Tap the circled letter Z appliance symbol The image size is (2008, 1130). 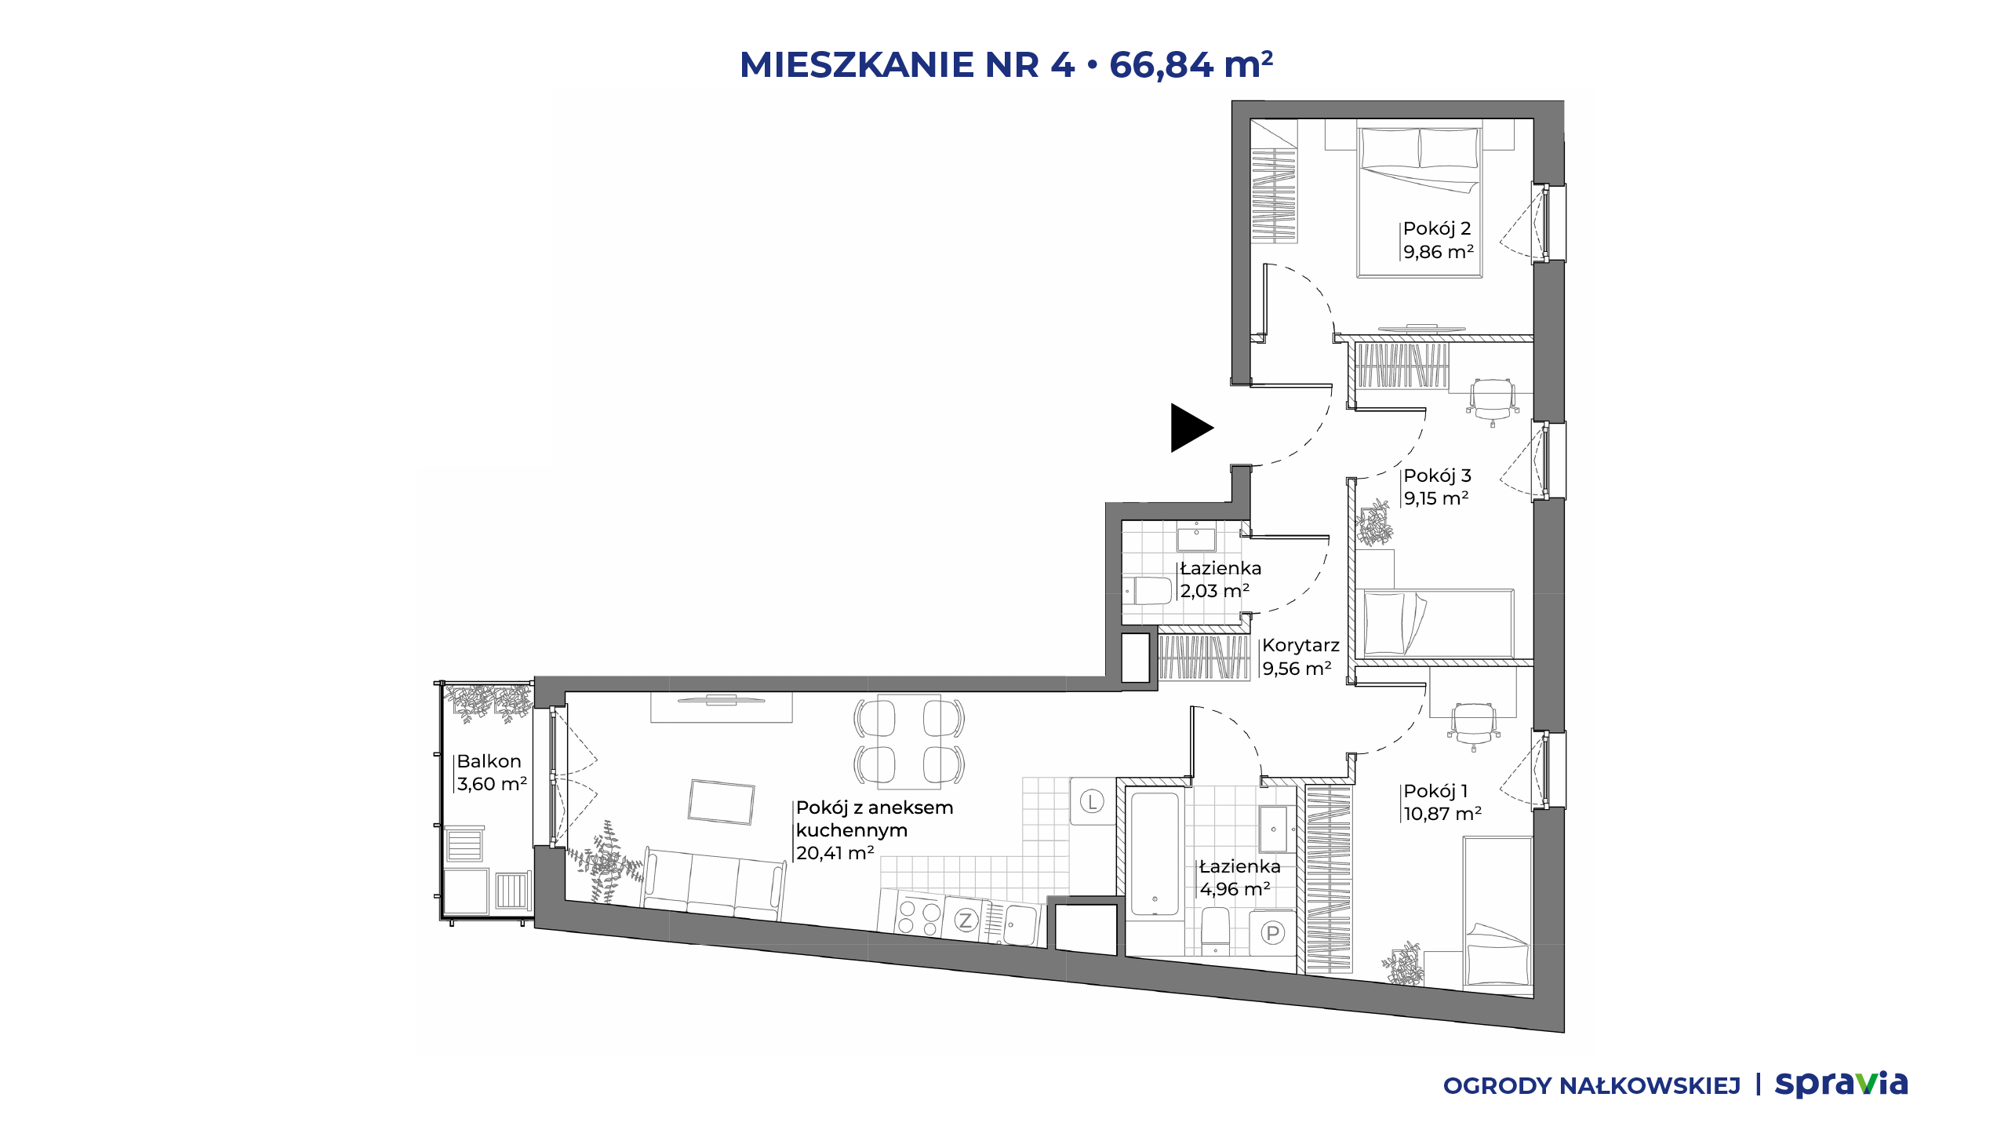[966, 920]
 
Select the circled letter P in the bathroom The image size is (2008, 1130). [1272, 933]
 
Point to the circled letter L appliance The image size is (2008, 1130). [1092, 801]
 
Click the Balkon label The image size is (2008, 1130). [489, 761]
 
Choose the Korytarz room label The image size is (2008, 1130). [1300, 646]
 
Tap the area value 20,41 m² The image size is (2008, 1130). [835, 853]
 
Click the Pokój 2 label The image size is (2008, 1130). [1436, 228]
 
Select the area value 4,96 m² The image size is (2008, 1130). [1235, 889]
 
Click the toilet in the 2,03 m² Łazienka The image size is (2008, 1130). [1148, 590]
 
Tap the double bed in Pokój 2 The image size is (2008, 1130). [1419, 201]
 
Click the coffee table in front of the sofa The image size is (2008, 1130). [721, 802]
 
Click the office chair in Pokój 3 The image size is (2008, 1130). [1492, 401]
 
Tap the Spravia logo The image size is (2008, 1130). [1841, 1084]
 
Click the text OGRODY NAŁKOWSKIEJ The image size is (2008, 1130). [1591, 1086]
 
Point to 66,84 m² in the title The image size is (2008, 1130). [1191, 65]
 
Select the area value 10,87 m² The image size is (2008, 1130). [1442, 814]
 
